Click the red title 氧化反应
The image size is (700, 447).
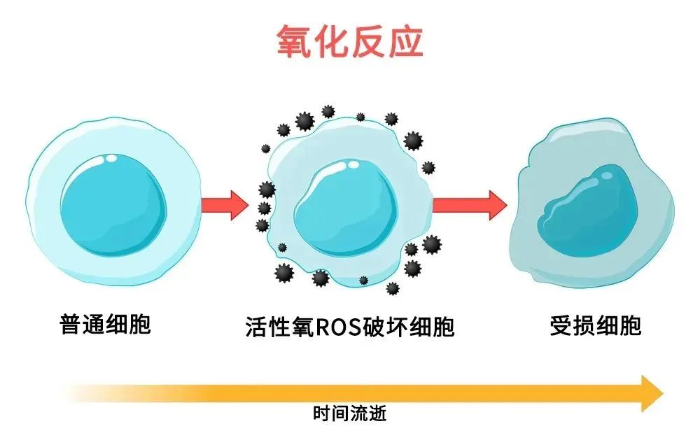pos(349,43)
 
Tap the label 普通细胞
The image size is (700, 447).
pos(106,326)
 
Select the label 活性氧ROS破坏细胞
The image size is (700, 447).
pos(349,327)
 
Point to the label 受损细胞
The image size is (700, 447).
pos(595,326)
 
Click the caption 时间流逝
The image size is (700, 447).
pos(349,413)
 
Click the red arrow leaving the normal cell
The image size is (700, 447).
pos(224,205)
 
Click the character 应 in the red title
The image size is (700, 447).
pos(405,43)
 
